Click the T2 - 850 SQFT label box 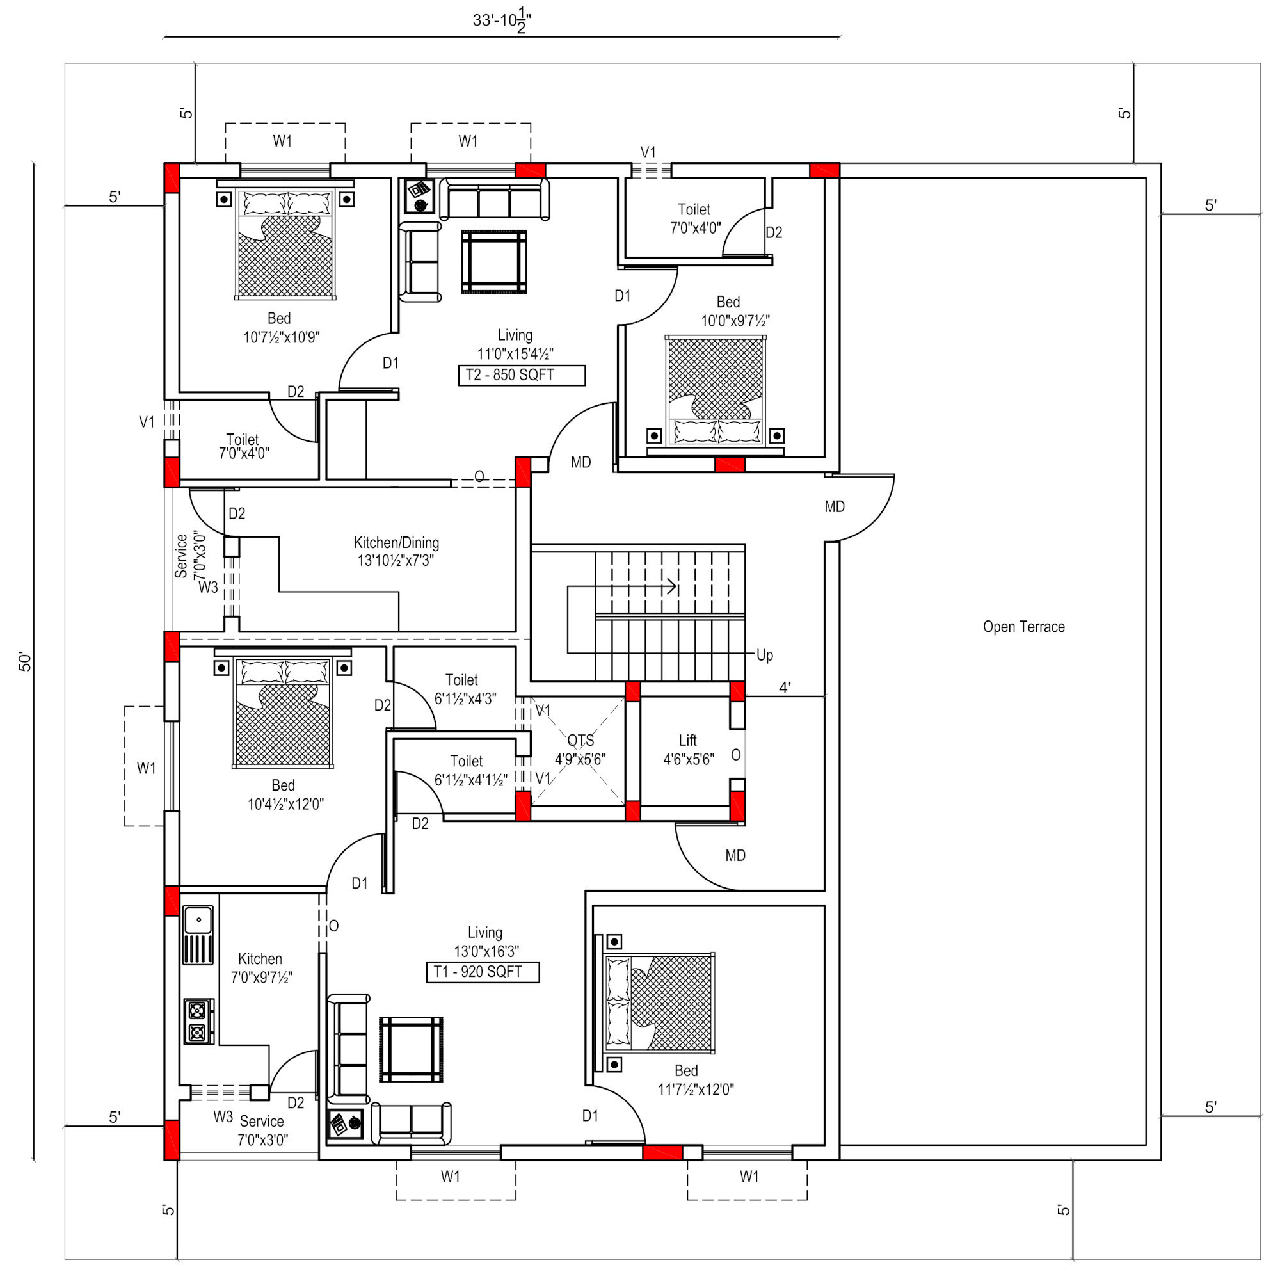coord(522,375)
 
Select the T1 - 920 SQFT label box coord(483,972)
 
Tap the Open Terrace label coord(1023,627)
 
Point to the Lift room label coord(688,750)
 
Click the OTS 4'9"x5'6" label coord(580,750)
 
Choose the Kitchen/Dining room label coord(396,551)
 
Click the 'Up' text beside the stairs coord(764,656)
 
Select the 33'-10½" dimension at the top coord(501,20)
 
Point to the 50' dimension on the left coord(25,661)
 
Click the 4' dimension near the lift coord(785,688)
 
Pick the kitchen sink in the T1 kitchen coord(198,935)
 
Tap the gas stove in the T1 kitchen coord(198,1021)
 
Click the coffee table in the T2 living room coord(493,262)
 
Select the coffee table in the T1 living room coord(411,1049)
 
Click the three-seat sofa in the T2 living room coord(495,198)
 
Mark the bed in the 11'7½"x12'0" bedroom coord(659,1002)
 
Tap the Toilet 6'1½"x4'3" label coord(464,689)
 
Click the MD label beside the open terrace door coord(834,506)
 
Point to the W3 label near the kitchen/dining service coord(208,587)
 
